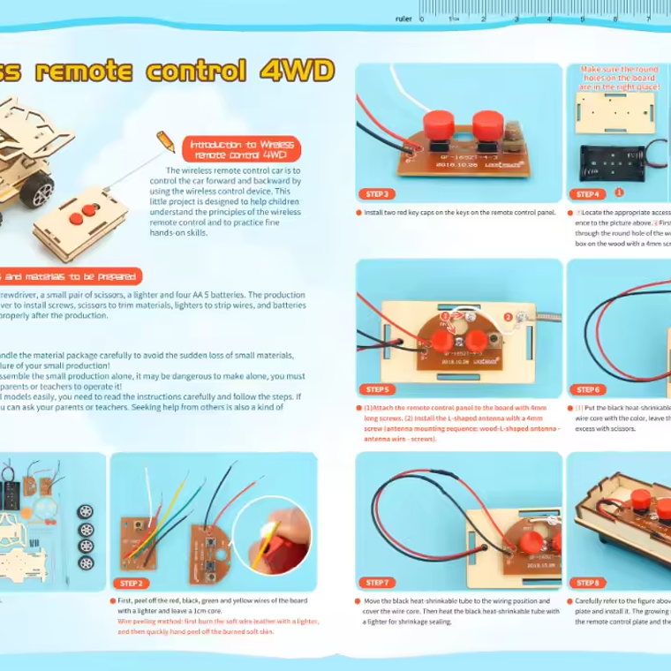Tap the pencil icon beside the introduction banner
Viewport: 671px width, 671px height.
165,141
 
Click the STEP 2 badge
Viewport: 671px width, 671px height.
132,583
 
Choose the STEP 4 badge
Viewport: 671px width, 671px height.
587,193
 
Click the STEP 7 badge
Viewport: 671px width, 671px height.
377,583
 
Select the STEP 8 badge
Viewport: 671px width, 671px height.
587,583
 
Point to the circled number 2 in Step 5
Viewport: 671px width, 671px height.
508,317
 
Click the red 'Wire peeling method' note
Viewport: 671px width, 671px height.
217,626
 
